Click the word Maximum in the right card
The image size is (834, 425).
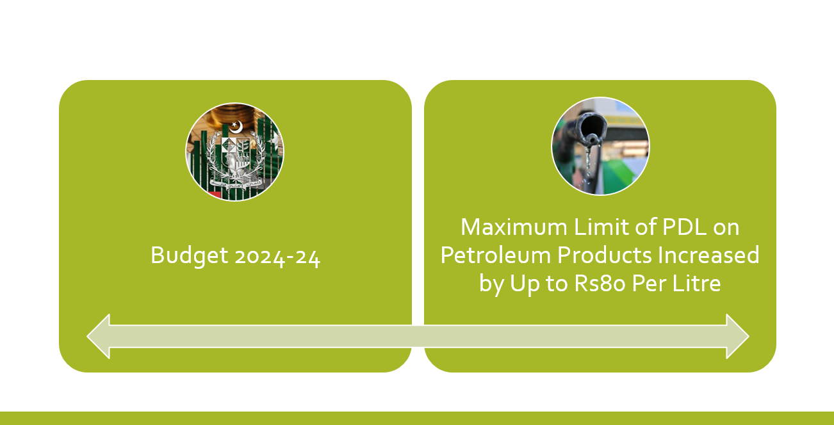(x=514, y=227)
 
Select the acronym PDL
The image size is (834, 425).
(x=684, y=227)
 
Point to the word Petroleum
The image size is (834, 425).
(x=496, y=255)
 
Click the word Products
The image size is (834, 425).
(x=604, y=255)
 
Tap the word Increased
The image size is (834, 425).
(x=708, y=255)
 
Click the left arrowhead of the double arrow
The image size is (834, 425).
(x=98, y=337)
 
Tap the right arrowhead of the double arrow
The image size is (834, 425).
(x=737, y=337)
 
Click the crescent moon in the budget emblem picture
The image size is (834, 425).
(x=236, y=127)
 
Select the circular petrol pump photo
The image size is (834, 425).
(x=600, y=146)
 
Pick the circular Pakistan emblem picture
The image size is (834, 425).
(x=234, y=152)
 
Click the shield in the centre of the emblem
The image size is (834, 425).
(x=235, y=152)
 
